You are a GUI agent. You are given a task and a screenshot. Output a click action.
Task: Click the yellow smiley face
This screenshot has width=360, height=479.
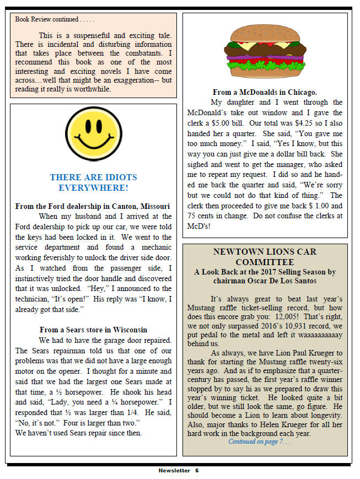93,134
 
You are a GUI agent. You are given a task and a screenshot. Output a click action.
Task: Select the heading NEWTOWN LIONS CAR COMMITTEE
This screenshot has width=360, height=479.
265,257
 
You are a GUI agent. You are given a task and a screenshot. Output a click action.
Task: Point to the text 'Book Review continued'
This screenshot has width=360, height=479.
47,19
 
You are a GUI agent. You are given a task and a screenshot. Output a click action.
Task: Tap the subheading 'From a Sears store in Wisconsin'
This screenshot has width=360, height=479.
93,330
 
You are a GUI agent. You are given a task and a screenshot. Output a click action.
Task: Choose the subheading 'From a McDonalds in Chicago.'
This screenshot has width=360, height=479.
265,92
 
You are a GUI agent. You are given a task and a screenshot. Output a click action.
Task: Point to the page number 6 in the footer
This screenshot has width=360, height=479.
196,470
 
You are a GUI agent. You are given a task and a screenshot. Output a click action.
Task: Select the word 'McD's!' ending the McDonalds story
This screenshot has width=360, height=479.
199,226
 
